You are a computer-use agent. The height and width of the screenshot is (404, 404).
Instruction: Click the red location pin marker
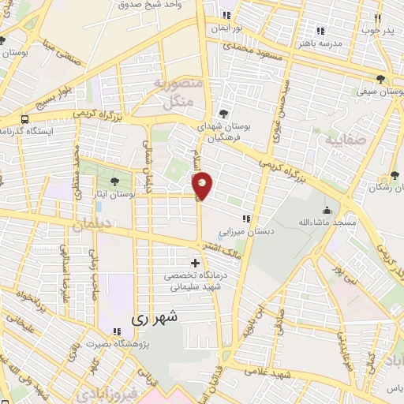pos(202,185)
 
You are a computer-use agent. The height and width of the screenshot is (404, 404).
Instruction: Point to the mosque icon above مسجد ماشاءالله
pos(327,210)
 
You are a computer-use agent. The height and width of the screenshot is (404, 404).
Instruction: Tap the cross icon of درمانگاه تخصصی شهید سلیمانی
pos(196,262)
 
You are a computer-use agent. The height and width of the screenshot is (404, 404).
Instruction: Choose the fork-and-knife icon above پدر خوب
pos(377,17)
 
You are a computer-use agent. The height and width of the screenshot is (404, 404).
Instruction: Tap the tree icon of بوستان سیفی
pos(381,78)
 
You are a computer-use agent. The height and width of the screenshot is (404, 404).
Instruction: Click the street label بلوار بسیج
pos(55,98)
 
